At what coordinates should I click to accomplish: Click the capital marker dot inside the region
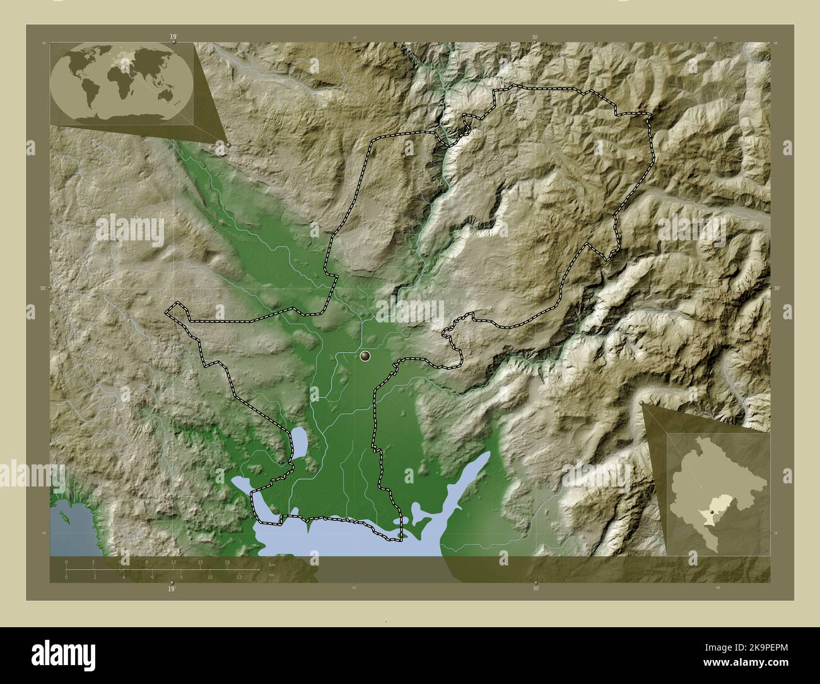pos(365,357)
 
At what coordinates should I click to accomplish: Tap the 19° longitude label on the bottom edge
pos(172,589)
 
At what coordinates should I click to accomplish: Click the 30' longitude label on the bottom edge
pos(536,589)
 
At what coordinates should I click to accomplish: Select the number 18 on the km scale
pos(227,562)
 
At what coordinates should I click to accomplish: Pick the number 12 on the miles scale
pos(239,577)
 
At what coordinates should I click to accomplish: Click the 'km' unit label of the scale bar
pos(272,565)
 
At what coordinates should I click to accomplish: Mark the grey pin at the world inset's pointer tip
pos(228,144)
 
